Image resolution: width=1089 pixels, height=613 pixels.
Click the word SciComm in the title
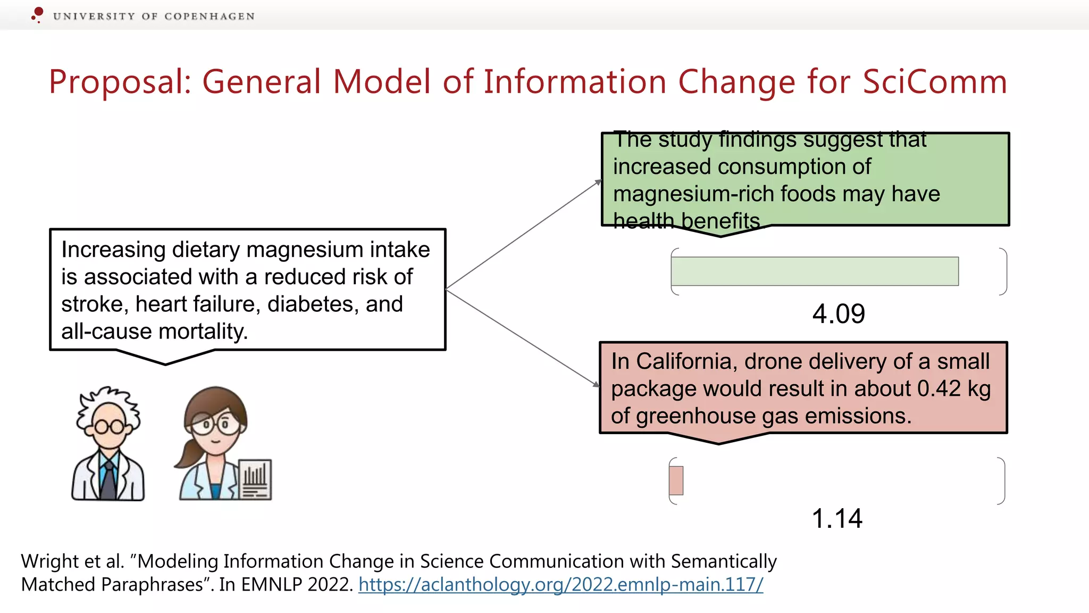[934, 82]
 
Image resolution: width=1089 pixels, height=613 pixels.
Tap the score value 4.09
[839, 314]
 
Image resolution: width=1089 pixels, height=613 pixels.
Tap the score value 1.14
[837, 518]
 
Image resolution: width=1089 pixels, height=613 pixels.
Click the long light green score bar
[815, 271]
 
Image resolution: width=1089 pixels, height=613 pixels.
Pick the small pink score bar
[676, 481]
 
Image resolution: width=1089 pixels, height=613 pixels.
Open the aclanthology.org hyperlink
[560, 584]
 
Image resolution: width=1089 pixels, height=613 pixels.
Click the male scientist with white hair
[108, 444]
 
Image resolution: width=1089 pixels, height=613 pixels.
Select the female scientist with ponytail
[213, 444]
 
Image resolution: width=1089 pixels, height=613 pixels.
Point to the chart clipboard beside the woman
[255, 479]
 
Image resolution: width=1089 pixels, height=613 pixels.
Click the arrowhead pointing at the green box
[598, 183]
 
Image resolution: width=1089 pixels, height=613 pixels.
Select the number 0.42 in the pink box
[939, 388]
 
